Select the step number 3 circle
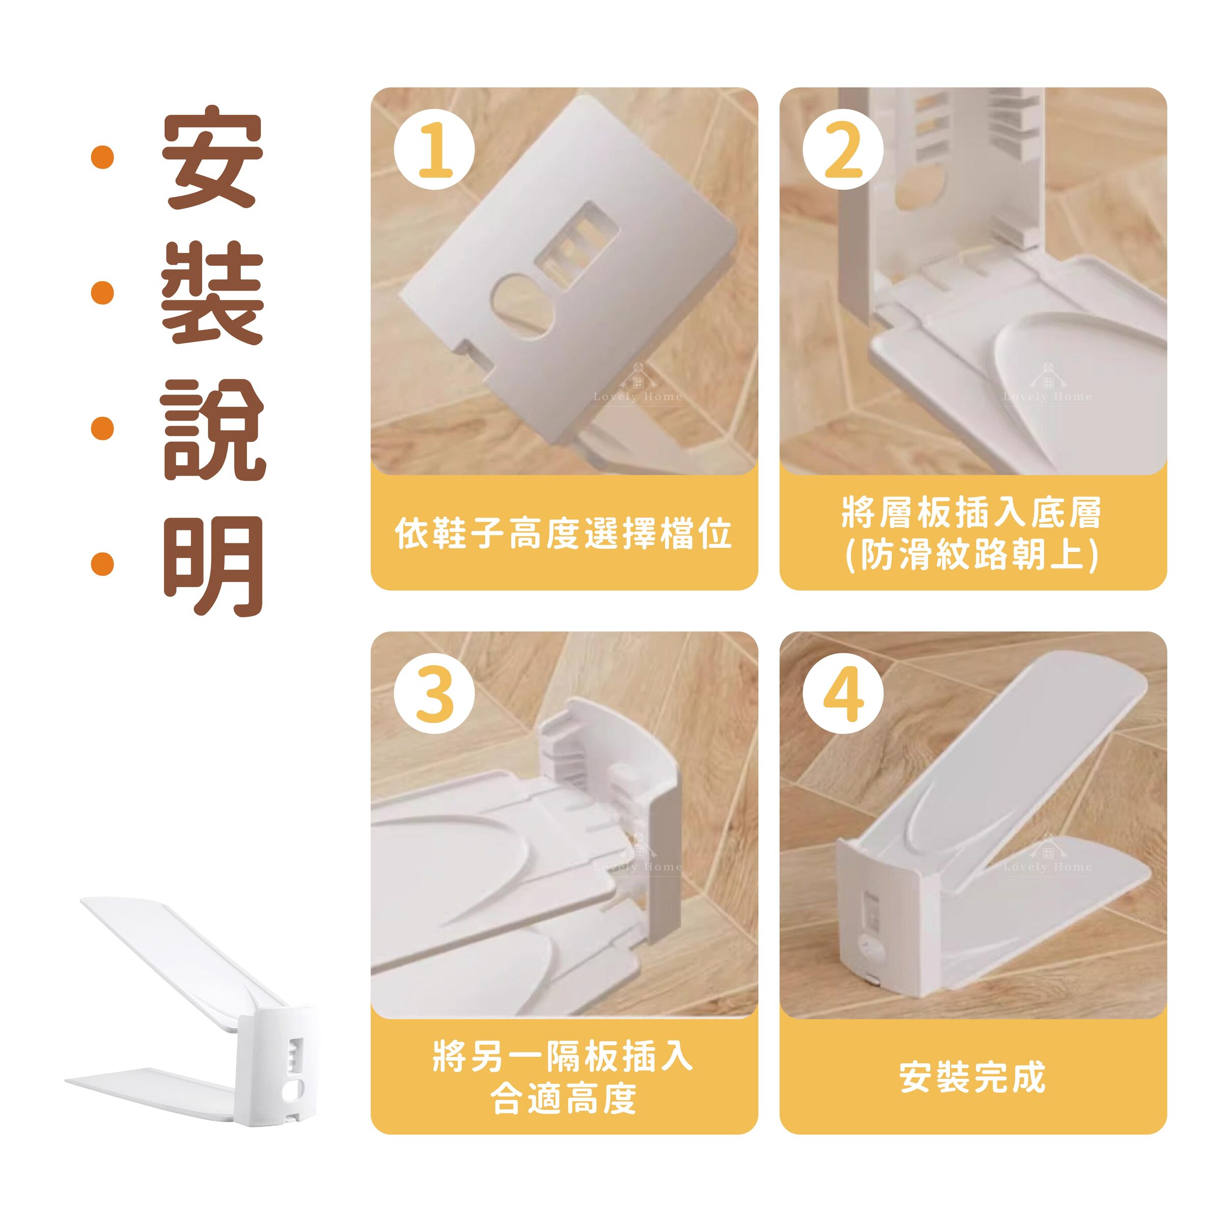tap(434, 694)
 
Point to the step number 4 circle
tap(843, 694)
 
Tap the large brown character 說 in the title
tap(213, 429)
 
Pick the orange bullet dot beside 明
tap(102, 565)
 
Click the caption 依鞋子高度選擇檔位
tap(564, 533)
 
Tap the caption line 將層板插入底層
tap(972, 512)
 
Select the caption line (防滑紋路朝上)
tap(972, 554)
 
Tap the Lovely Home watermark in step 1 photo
tap(637, 385)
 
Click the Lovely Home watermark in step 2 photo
tap(1047, 385)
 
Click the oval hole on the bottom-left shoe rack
tap(295, 1089)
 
